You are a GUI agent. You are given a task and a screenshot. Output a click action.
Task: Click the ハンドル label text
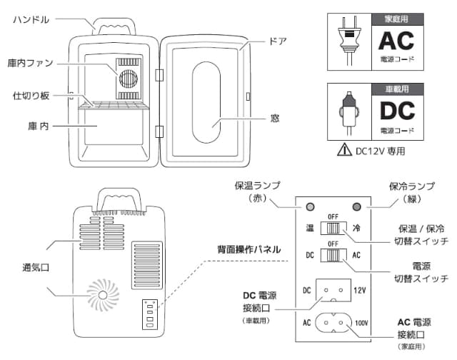31,19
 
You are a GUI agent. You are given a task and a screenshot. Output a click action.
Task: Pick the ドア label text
279,41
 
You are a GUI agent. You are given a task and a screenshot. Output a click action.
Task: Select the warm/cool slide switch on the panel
331,229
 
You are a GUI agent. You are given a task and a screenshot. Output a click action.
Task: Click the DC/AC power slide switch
331,254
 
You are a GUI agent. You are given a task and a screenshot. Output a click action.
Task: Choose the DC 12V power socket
332,291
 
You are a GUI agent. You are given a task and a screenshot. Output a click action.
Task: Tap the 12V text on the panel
358,291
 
